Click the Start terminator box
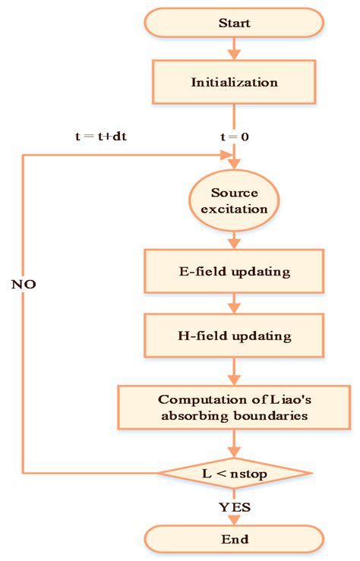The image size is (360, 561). [x=235, y=23]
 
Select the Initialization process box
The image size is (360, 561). [x=235, y=83]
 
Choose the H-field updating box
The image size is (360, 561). [x=235, y=335]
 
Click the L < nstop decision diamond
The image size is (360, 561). [x=235, y=473]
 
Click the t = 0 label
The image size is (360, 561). [x=235, y=137]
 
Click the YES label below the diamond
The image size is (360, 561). [x=235, y=506]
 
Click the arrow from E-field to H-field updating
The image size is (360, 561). [x=235, y=304]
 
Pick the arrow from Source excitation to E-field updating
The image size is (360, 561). [x=235, y=240]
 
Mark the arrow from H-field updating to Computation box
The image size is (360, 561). [x=235, y=370]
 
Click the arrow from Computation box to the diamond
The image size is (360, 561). [x=235, y=442]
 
